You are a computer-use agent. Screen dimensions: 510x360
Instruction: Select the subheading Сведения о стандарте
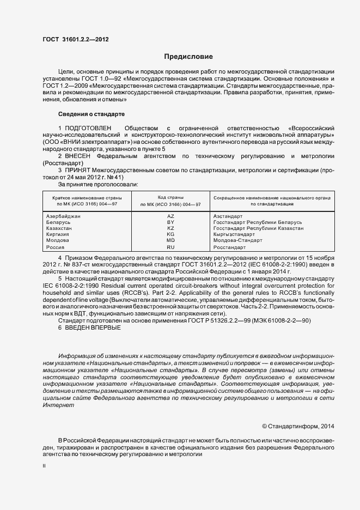[x=91, y=114]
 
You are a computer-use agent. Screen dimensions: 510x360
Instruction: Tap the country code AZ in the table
[x=170, y=216]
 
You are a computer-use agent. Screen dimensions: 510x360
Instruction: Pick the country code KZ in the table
[x=170, y=228]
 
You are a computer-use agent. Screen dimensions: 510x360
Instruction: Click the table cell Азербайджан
[x=64, y=216]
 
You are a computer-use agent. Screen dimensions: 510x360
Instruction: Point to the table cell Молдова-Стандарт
[x=237, y=240]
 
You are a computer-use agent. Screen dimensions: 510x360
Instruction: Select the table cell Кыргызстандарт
[x=235, y=234]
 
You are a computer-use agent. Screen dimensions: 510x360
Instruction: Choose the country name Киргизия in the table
[x=59, y=234]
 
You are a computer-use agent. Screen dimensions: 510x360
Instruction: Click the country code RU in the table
[x=170, y=247]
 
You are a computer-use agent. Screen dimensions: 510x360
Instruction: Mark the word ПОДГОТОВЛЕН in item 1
[x=88, y=127]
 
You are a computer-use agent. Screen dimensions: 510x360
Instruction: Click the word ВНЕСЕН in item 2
[x=78, y=156]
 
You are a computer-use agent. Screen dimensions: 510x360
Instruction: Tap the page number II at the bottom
[x=45, y=467]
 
